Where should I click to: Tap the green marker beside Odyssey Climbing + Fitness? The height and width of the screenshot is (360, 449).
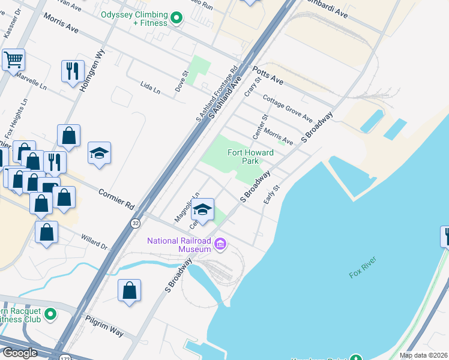[176, 19]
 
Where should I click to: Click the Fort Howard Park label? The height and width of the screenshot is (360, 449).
[250, 157]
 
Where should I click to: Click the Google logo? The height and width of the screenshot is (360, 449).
[20, 353]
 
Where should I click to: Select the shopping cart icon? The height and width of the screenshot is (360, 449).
[13, 60]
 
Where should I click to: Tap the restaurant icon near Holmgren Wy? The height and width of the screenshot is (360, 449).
[73, 71]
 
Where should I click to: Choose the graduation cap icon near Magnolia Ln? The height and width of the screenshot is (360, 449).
[203, 209]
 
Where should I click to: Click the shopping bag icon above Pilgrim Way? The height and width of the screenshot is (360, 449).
[129, 291]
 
